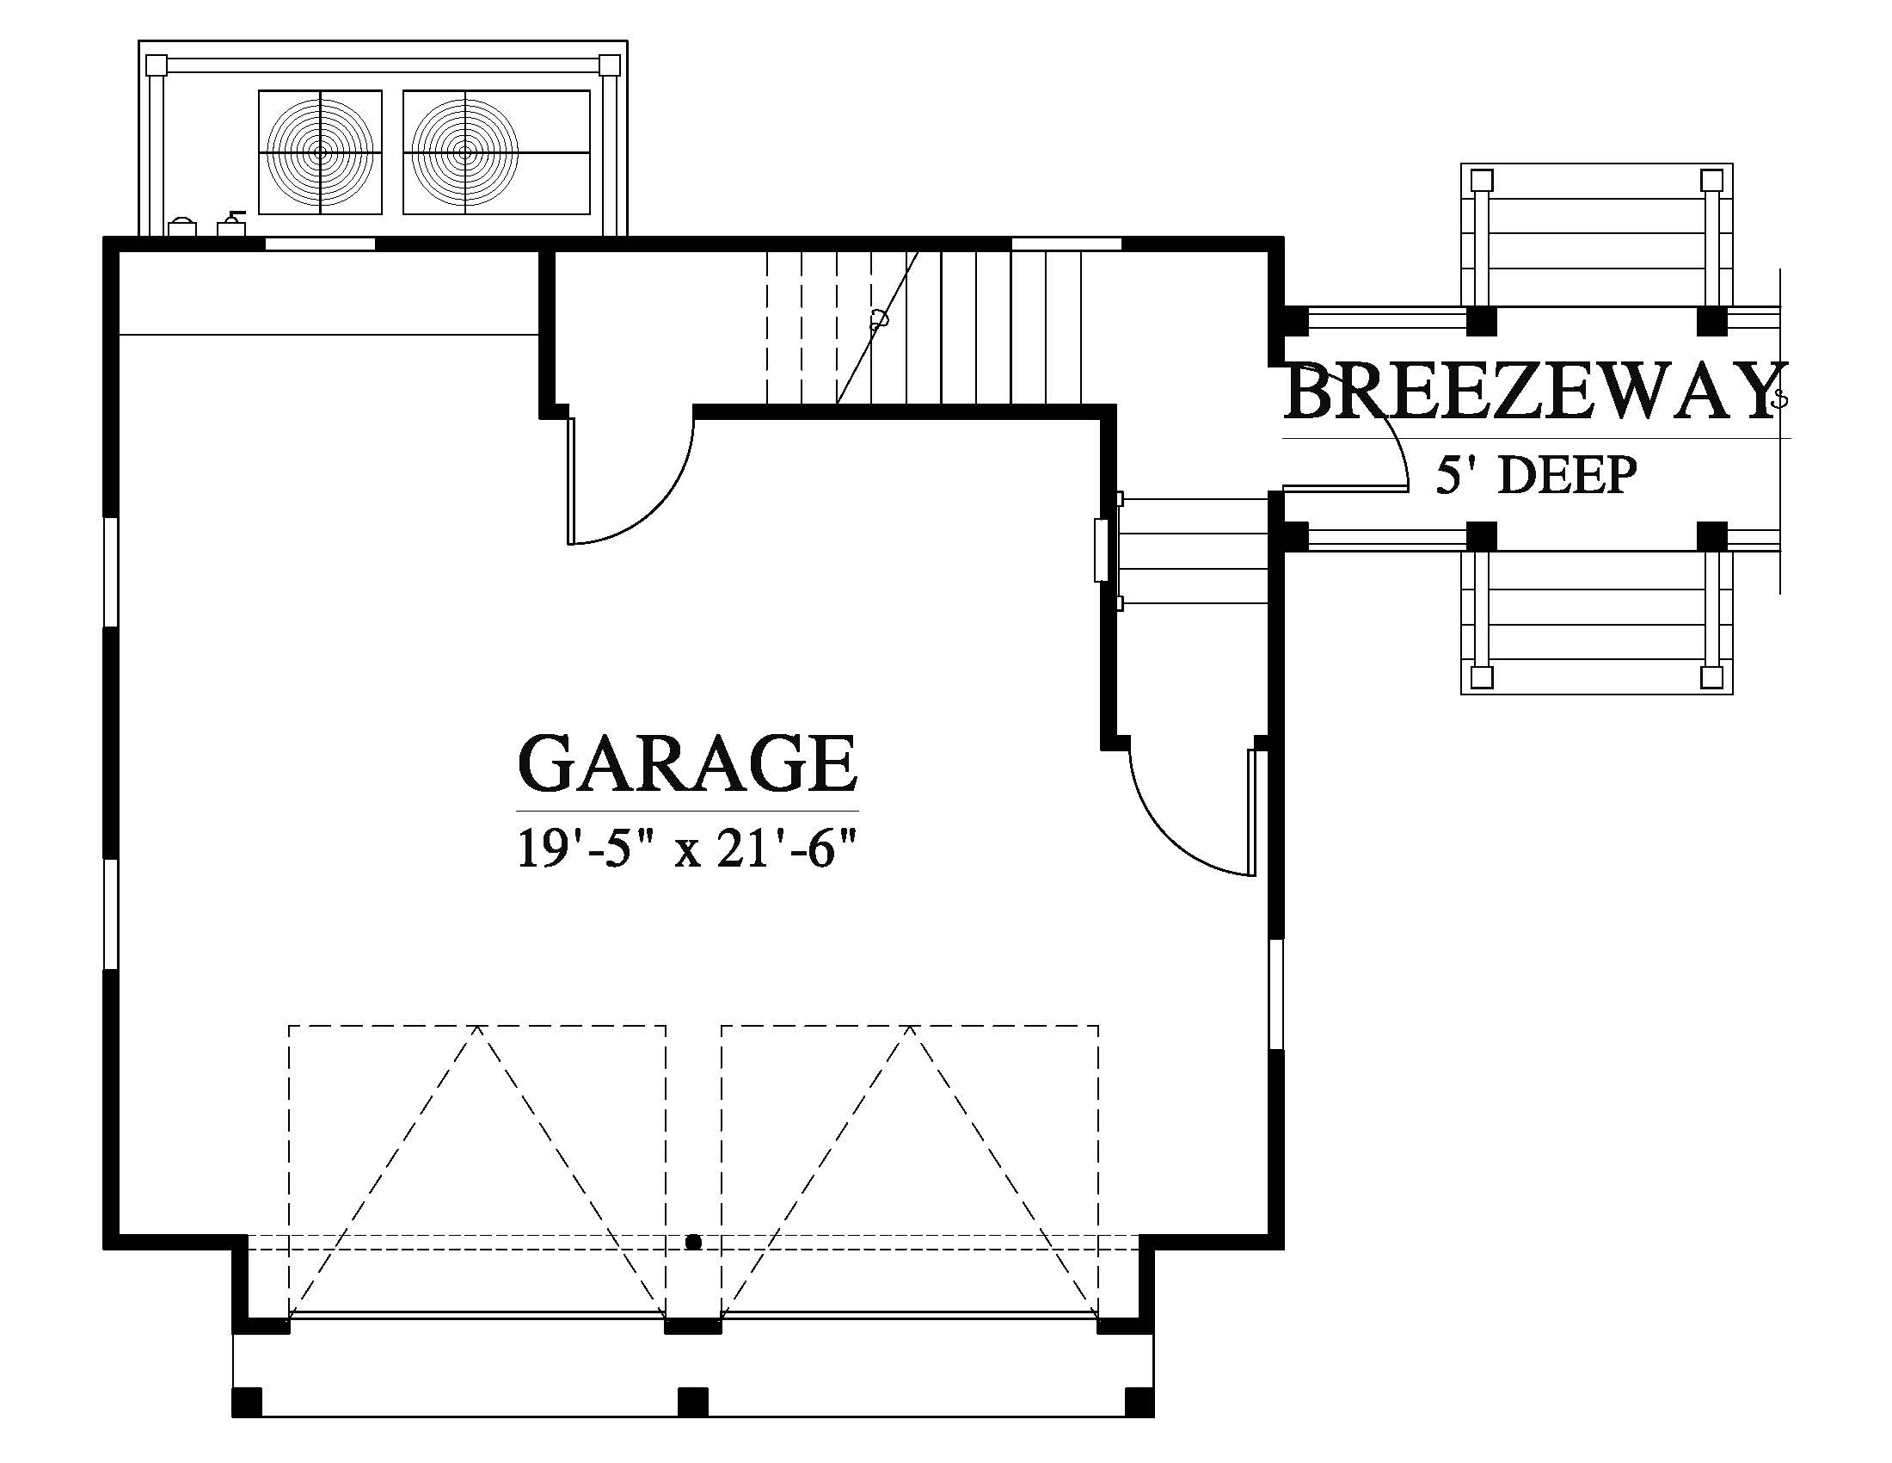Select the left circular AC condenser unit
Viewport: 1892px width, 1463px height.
(321, 152)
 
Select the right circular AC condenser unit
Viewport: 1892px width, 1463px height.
(465, 152)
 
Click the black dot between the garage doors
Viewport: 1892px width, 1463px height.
(693, 1243)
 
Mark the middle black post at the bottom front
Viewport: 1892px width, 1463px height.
(692, 1401)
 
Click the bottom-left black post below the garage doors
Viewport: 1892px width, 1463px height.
(247, 1401)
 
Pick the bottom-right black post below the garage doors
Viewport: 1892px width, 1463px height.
(1139, 1401)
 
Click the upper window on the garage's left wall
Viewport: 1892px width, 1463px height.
(111, 573)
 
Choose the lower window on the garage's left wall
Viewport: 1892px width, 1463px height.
(111, 914)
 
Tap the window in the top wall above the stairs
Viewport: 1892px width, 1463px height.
(1066, 244)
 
